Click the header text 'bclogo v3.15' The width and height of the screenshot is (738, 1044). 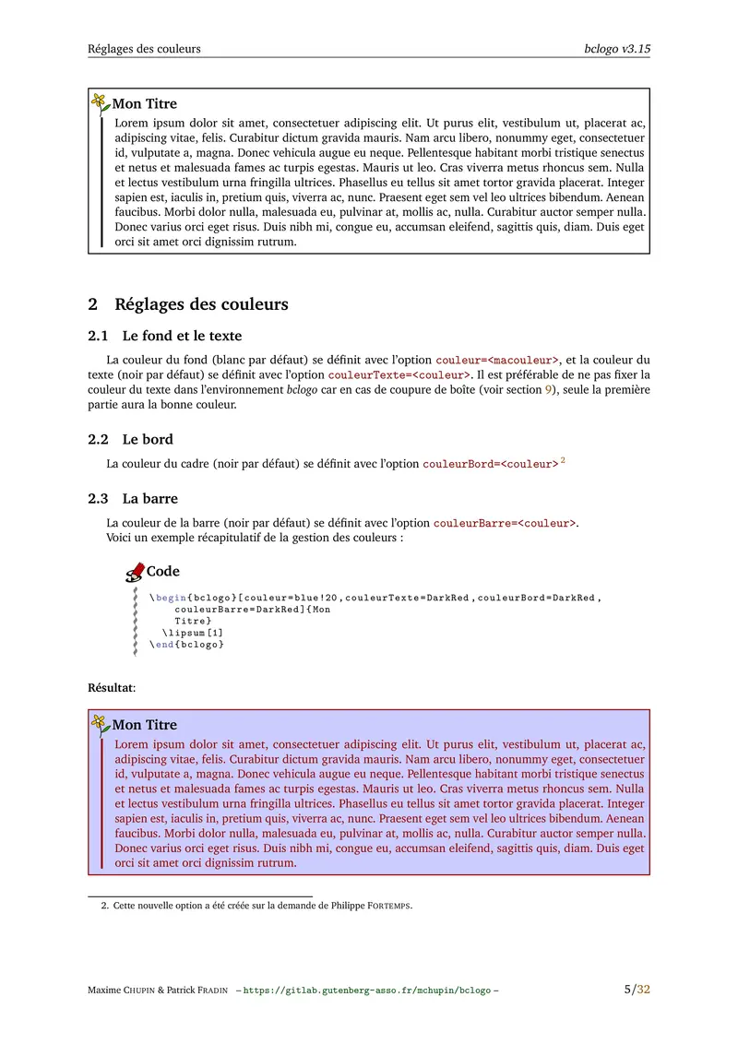point(617,48)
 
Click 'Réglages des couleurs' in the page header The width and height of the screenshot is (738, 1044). point(144,48)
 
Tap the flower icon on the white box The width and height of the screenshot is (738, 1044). point(100,103)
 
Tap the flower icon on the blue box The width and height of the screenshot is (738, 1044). point(100,724)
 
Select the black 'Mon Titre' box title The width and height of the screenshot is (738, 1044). point(145,104)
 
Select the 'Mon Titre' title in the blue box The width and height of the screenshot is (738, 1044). point(145,725)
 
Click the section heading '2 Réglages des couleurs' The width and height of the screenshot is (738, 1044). point(187,304)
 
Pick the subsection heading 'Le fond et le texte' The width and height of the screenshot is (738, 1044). point(182,336)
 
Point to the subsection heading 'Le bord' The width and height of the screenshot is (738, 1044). point(148,439)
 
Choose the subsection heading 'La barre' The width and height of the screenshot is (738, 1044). point(149,498)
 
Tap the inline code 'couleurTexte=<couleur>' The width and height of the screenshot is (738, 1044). point(399,374)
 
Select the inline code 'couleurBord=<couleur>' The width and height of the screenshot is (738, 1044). point(490,464)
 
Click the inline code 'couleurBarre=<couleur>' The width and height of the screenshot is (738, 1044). point(505,523)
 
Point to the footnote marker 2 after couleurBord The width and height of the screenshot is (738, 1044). point(563,460)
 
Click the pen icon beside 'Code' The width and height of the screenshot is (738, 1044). point(135,573)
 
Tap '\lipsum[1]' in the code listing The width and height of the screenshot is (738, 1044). point(193,633)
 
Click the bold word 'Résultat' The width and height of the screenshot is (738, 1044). point(110,688)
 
